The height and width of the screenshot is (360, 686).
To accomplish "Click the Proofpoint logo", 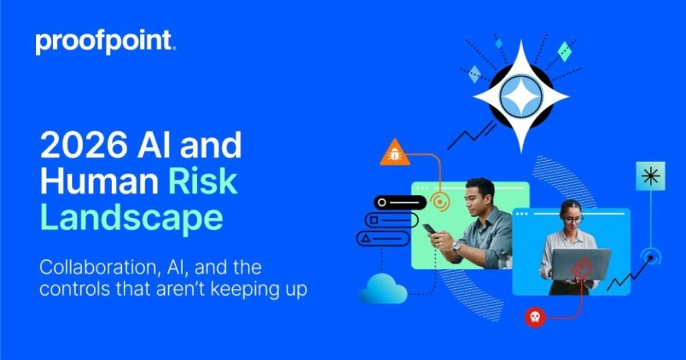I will (x=106, y=42).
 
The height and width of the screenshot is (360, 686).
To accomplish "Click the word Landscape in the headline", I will (x=131, y=217).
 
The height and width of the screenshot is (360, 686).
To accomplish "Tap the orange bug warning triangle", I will (x=395, y=154).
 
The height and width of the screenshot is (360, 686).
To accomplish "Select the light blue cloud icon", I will (x=383, y=289).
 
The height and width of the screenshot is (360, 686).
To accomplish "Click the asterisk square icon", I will (x=649, y=176).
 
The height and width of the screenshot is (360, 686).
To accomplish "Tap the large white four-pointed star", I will (x=521, y=96).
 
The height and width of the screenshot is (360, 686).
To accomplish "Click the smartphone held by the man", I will (x=429, y=230).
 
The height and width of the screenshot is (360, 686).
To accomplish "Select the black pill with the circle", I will (x=401, y=202).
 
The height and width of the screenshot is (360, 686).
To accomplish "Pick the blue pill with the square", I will (x=391, y=220).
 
